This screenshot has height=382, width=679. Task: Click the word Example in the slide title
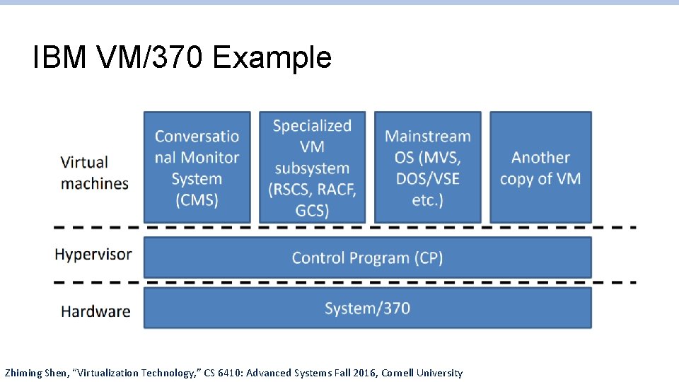[x=272, y=58]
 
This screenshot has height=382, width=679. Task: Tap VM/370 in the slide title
[x=147, y=58]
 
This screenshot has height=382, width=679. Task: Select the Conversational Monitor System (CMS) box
[x=197, y=167]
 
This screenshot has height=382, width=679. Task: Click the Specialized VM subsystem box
[x=312, y=167]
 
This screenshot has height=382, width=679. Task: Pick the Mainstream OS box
[x=427, y=167]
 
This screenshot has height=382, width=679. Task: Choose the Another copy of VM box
[x=540, y=167]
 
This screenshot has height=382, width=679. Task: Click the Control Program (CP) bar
[x=367, y=257]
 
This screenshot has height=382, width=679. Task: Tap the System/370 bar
[x=367, y=308]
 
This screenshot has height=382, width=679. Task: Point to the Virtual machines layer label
[x=95, y=173]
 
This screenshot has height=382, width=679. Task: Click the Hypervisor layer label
[x=93, y=255]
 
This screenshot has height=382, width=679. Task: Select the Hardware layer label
[x=95, y=311]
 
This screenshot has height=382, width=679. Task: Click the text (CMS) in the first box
[x=197, y=199]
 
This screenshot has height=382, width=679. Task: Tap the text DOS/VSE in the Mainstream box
[x=427, y=178]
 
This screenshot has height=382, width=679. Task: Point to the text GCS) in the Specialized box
[x=312, y=210]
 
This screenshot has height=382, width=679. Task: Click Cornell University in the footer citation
[x=422, y=373]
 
